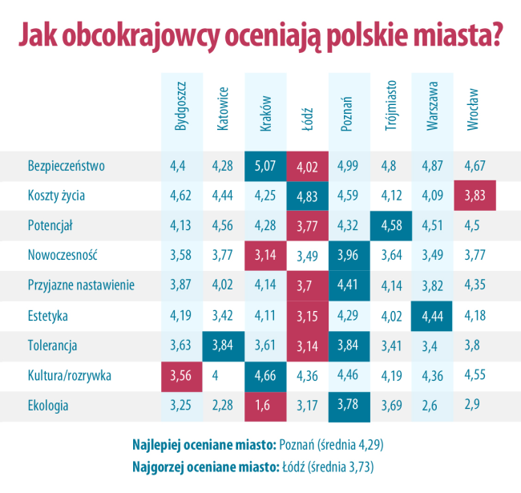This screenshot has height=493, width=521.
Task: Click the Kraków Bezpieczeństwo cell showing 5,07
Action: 265,166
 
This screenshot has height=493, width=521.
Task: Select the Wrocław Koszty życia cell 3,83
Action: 474,196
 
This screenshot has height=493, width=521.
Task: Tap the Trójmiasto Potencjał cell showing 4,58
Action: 390,225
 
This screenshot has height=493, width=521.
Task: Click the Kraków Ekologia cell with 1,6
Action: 265,405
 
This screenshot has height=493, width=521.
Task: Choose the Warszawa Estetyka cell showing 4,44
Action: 432,315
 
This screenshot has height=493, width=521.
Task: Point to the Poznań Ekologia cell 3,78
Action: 348,405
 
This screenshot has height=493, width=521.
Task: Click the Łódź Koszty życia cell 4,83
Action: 306,196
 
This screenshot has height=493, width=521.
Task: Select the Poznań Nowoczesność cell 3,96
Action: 348,256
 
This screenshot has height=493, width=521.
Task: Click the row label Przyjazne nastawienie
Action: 81,285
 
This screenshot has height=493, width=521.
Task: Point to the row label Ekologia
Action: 48,405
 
